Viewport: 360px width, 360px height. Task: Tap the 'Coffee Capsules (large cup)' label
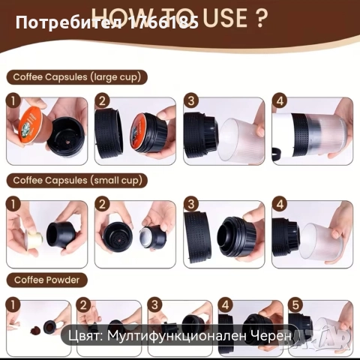pos(76,76)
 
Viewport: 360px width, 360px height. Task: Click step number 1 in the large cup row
pos(12,100)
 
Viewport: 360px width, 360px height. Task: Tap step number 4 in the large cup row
pos(279,100)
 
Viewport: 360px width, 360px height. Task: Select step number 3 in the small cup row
pos(191,203)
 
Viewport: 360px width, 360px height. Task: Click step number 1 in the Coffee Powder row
pos(12,304)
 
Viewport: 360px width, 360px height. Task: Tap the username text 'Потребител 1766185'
pos(106,23)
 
